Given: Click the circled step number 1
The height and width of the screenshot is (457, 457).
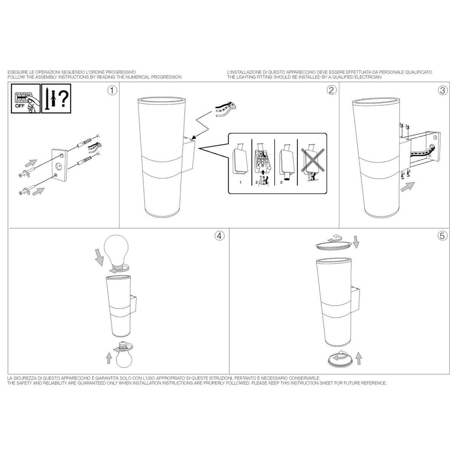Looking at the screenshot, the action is click(x=112, y=90).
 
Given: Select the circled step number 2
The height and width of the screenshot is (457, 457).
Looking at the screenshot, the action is click(x=332, y=90).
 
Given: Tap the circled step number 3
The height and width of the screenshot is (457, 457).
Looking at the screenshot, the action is click(x=442, y=90).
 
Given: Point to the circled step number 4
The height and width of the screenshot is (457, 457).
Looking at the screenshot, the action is click(x=219, y=236).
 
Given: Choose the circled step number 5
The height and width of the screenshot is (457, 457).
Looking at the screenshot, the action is click(x=442, y=236).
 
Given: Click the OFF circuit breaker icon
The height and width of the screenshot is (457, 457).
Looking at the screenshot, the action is click(x=26, y=98).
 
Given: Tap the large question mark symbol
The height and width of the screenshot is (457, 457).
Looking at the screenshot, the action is click(x=63, y=99).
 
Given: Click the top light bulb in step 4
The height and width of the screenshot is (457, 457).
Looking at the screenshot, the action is click(x=117, y=252).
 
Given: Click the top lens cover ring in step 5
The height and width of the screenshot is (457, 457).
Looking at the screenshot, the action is click(x=334, y=246).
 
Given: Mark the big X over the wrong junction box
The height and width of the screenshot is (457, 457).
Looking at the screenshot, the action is click(x=313, y=160).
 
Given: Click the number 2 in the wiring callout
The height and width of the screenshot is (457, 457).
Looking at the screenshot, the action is click(x=256, y=182).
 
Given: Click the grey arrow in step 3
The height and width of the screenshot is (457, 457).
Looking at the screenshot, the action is click(x=407, y=187).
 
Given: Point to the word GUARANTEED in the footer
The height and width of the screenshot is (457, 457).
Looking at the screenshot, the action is click(x=87, y=383).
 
